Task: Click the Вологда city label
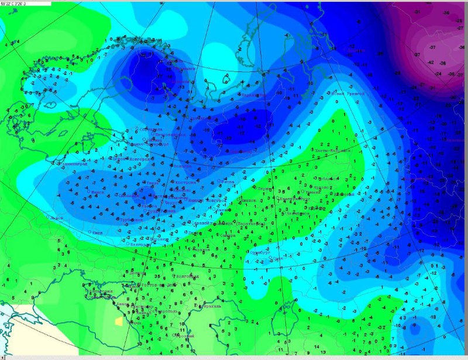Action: pyautogui.click(x=183, y=165)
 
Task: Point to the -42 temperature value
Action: pyautogui.click(x=431, y=63)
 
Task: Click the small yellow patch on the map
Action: pyautogui.click(x=119, y=320)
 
